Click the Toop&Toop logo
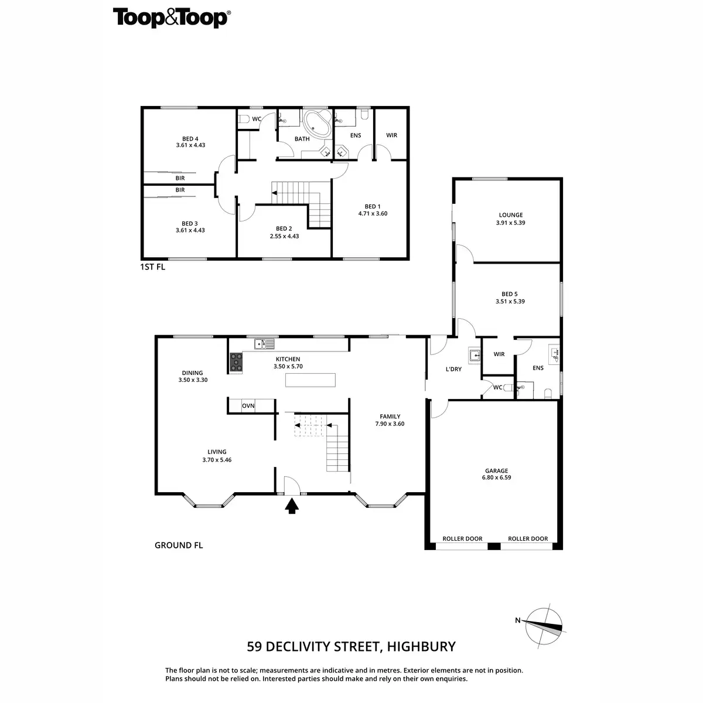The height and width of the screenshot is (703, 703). click(170, 18)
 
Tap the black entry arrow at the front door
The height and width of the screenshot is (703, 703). click(291, 506)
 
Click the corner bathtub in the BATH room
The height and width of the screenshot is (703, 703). click(316, 122)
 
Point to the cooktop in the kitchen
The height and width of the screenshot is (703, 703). click(236, 363)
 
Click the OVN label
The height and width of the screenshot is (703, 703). click(248, 405)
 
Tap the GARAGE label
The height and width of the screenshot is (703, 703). click(496, 470)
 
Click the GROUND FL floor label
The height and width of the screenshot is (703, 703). click(179, 545)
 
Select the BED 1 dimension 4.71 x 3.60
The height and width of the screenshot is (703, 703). click(373, 214)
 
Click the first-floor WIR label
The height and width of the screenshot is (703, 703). click(391, 135)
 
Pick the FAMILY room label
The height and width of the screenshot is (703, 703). click(389, 417)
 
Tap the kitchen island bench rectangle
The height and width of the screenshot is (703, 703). click(310, 380)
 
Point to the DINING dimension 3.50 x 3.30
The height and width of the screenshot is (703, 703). click(193, 380)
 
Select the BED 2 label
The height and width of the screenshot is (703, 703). click(284, 228)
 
